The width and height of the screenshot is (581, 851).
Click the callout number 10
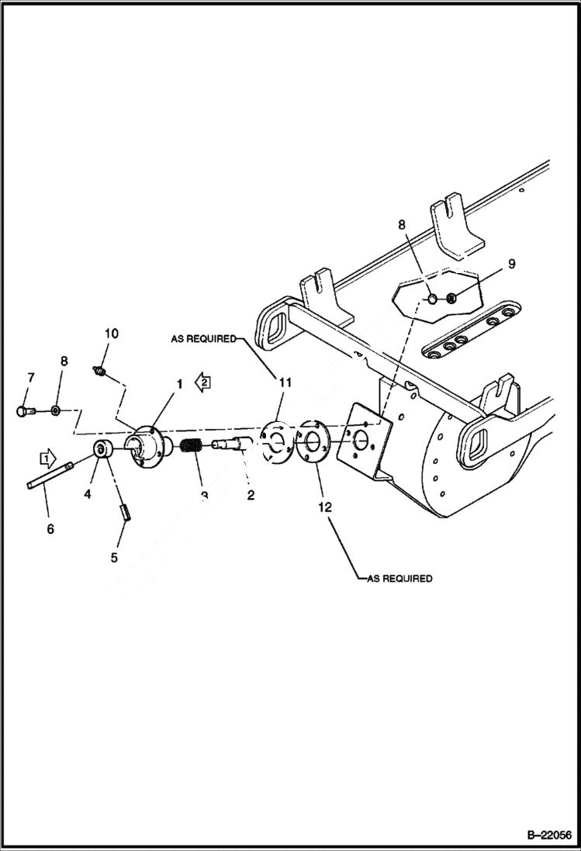(x=112, y=334)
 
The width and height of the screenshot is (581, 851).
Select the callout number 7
(x=31, y=377)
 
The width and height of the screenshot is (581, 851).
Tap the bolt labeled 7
(x=24, y=411)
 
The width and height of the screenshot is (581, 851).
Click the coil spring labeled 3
(x=191, y=448)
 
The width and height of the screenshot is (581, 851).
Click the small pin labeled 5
(x=123, y=512)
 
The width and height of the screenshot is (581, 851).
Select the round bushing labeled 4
(x=102, y=450)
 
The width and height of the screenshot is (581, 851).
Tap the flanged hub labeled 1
(x=149, y=448)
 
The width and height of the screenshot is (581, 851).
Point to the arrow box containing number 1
(x=48, y=459)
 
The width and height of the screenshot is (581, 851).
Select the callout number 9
(x=511, y=264)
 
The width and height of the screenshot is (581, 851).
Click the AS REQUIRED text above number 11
(x=203, y=339)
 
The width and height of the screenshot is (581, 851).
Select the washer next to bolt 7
(x=55, y=410)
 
